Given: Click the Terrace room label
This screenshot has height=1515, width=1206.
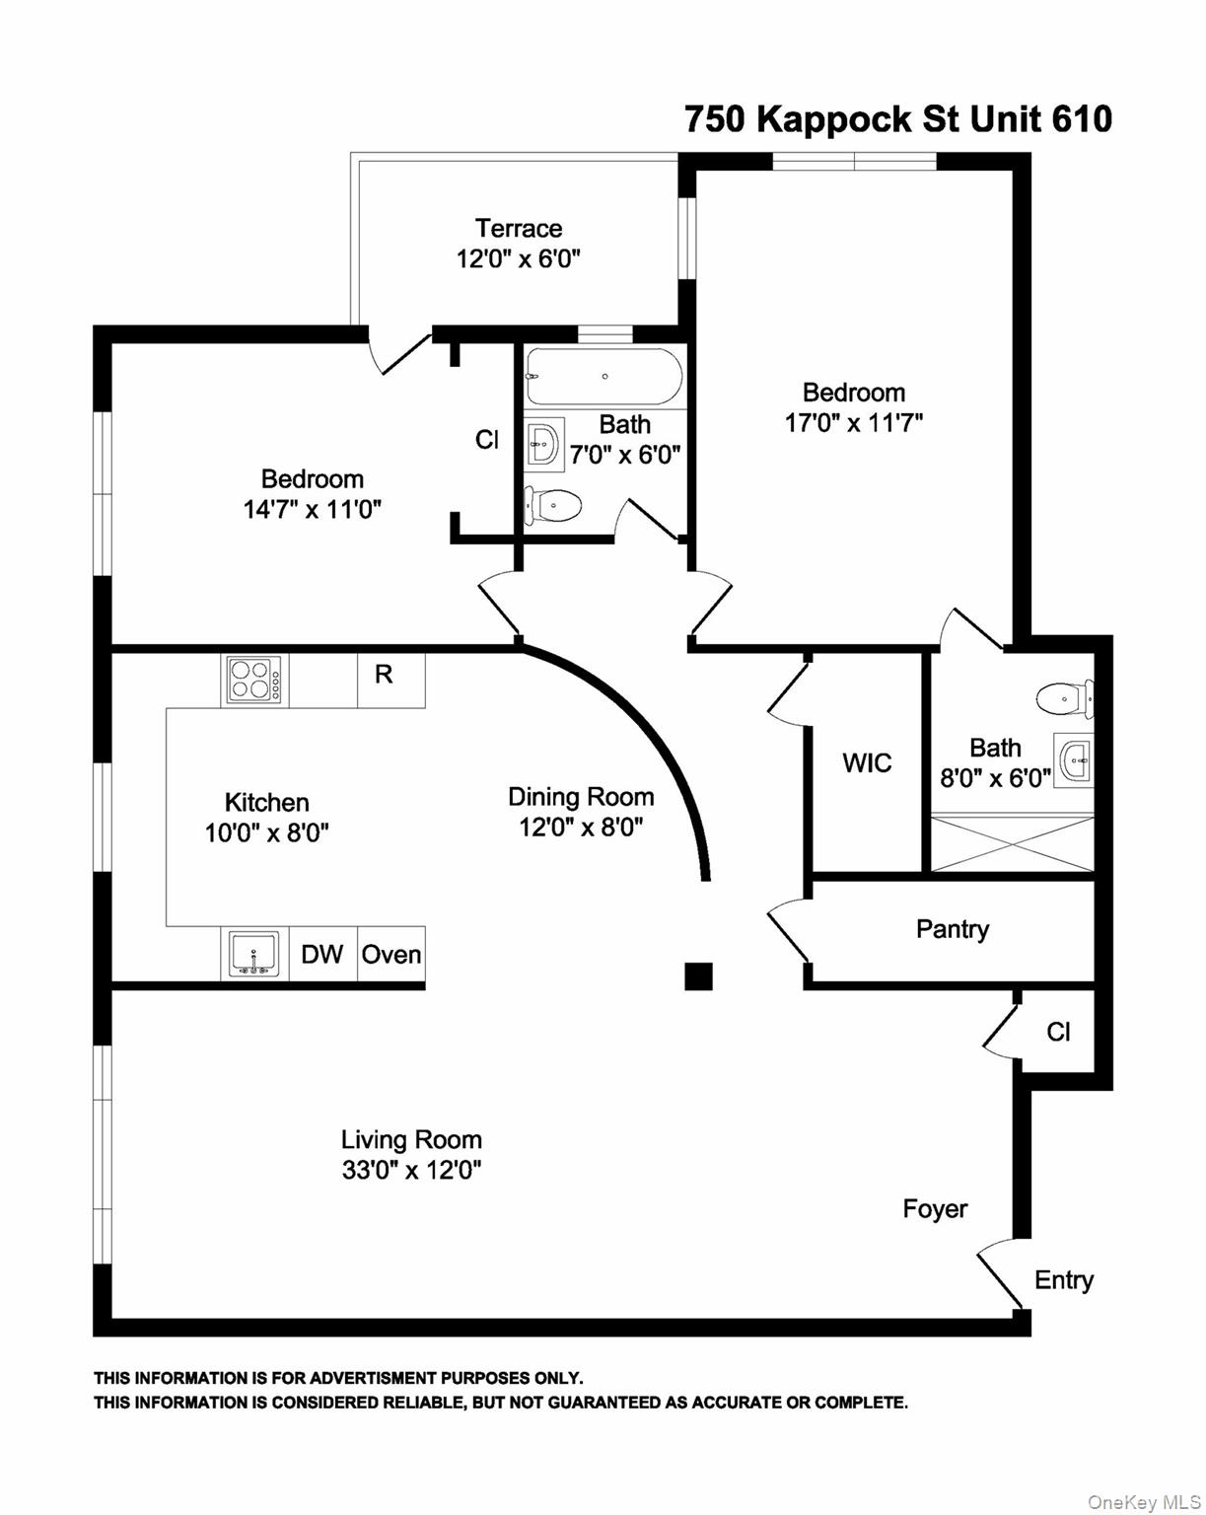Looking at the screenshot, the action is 519,229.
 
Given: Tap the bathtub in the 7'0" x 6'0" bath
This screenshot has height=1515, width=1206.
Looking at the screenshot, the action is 603,376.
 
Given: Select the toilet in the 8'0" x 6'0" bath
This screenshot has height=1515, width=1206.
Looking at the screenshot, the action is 1064,699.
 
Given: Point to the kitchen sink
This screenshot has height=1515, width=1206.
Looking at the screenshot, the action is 253,954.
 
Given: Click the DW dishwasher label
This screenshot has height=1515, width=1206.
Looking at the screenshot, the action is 321,954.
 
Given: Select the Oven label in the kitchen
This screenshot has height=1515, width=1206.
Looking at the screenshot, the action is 391,954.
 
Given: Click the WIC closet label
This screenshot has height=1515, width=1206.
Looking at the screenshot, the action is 867,762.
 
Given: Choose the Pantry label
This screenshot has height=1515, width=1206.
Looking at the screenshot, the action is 952,929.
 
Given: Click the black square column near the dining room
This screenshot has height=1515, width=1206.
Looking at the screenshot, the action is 698,975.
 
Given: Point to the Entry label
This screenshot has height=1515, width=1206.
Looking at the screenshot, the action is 1063,1279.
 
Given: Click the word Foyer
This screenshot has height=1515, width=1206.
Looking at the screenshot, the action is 935,1208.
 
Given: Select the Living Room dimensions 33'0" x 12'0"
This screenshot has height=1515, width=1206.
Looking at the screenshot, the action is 411,1171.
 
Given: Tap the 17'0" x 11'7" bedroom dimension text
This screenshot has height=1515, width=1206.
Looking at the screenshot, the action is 853,423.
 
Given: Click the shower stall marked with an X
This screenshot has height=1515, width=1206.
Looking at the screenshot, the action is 1012,842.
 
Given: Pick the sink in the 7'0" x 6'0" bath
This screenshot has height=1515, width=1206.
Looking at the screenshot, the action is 543,445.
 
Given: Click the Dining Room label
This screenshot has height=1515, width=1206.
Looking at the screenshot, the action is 581,796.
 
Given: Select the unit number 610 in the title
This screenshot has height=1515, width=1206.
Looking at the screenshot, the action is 1082,119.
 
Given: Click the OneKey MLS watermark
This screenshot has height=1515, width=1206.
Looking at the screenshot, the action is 1144,1502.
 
